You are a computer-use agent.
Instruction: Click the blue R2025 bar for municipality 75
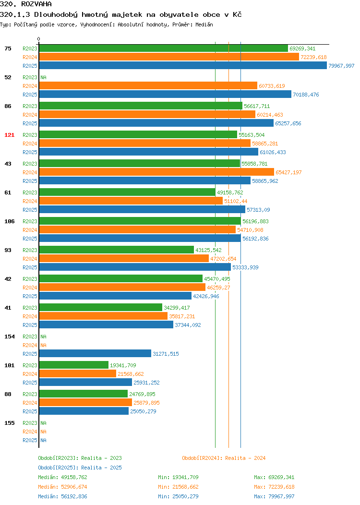pyautogui.click(x=183, y=65)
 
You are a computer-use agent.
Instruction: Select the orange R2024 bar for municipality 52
pyautogui.click(x=148, y=85)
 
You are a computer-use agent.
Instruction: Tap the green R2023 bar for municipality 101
pyautogui.click(x=74, y=365)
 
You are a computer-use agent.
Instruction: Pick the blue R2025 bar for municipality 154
pyautogui.click(x=95, y=353)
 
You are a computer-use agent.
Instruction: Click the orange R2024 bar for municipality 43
pyautogui.click(x=156, y=172)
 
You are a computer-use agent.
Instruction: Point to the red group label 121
pyautogui.click(x=9, y=135)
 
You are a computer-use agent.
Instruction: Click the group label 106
pyautogui.click(x=9, y=221)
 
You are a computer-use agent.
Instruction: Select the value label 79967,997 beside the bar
pyautogui.click(x=341, y=66)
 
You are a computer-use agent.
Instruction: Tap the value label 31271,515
pyautogui.click(x=166, y=354)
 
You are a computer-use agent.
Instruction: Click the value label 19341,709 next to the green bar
pyautogui.click(x=123, y=365)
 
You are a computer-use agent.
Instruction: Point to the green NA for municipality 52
pyautogui.click(x=44, y=77)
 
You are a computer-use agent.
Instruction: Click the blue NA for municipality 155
pyautogui.click(x=44, y=440)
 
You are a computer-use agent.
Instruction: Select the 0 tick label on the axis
pyautogui.click(x=39, y=39)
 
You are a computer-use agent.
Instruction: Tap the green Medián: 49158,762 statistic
pyautogui.click(x=62, y=477)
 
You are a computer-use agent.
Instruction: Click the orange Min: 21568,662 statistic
pyautogui.click(x=178, y=487)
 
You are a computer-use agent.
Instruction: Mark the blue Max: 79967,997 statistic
pyautogui.click(x=274, y=497)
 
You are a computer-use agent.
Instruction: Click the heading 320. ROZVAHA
pyautogui.click(x=26, y=4)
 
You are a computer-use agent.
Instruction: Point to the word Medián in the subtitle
pyautogui.click(x=204, y=24)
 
